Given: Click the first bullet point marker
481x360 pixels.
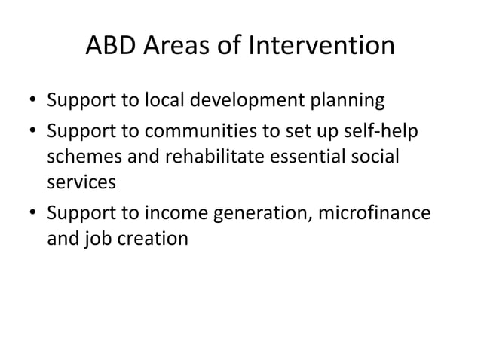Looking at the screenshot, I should coord(34,100).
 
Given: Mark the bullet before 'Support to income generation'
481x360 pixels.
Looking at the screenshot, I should coord(34,216).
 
